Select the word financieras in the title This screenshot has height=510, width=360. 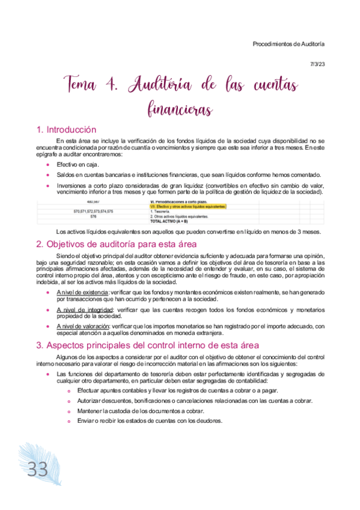tap(180, 109)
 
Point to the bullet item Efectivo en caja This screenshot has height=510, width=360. tap(78, 164)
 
